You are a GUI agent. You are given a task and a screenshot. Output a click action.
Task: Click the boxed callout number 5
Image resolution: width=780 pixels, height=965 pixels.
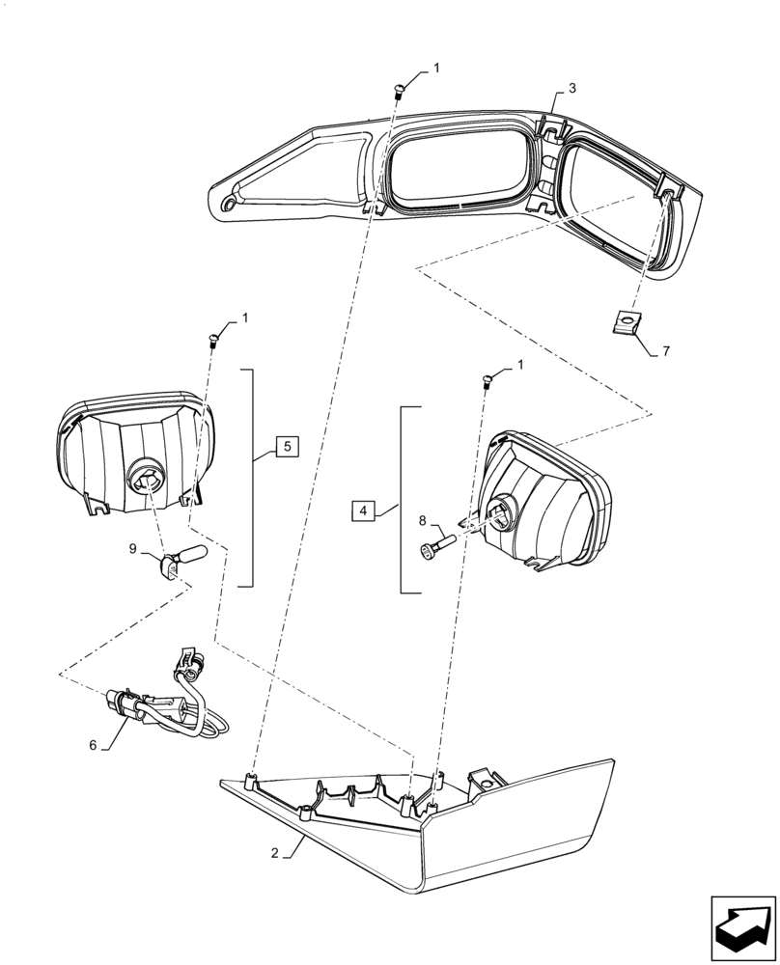(x=287, y=446)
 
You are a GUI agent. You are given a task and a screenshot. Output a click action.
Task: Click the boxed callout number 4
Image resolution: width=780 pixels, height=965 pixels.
(x=361, y=510)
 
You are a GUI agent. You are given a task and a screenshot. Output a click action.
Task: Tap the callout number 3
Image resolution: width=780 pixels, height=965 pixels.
(x=572, y=88)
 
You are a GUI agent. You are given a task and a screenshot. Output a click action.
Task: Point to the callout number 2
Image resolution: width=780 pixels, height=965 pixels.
(x=276, y=853)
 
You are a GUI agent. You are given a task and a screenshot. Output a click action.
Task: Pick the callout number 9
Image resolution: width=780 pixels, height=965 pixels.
(x=132, y=549)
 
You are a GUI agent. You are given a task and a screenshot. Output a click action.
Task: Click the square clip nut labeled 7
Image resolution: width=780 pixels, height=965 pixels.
(x=628, y=322)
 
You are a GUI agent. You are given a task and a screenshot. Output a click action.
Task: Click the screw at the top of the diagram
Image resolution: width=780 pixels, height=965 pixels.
(x=399, y=91)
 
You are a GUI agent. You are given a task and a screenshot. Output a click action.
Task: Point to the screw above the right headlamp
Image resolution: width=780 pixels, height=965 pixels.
(x=487, y=378)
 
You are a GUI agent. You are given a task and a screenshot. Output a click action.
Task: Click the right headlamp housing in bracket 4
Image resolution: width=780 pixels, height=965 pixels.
(x=541, y=507)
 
